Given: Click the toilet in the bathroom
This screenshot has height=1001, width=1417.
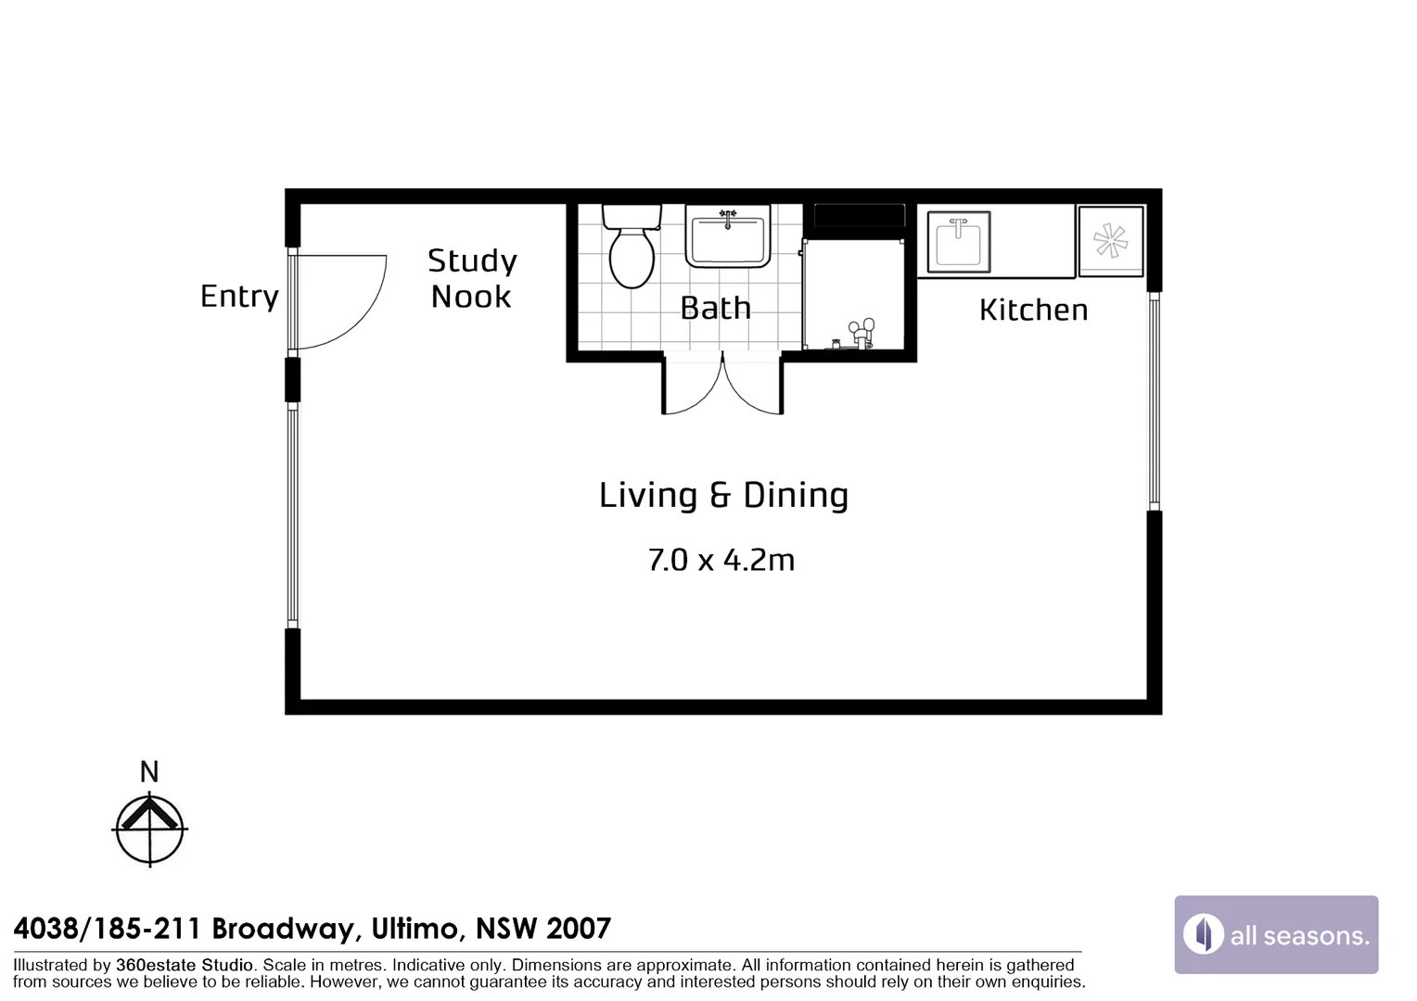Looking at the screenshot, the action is [632, 247].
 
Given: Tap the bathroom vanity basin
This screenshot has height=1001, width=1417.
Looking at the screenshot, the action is [728, 236].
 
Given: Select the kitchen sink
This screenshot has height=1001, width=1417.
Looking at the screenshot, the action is [958, 242].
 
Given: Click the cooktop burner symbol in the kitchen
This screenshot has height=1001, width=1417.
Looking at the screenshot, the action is [1110, 241].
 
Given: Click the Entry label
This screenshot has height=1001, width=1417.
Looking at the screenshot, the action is [239, 296].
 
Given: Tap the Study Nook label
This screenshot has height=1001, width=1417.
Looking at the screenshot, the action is [472, 278].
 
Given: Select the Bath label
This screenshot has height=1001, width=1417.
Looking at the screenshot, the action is [716, 308].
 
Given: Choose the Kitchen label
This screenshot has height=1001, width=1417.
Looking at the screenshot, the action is [1034, 310].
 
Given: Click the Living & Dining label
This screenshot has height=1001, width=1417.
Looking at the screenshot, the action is [723, 495].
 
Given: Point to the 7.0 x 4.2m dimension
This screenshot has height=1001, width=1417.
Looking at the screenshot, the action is [721, 560].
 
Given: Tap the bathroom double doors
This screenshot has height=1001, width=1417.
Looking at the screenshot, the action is [723, 384].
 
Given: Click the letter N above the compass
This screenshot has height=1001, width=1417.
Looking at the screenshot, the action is [149, 772].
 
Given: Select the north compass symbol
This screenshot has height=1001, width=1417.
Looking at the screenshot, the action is [150, 829].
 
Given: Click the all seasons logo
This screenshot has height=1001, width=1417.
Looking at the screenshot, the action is [1277, 934].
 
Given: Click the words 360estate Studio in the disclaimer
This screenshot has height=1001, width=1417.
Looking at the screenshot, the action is [185, 966].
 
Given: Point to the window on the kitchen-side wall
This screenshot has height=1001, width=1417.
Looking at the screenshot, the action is [1155, 401].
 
